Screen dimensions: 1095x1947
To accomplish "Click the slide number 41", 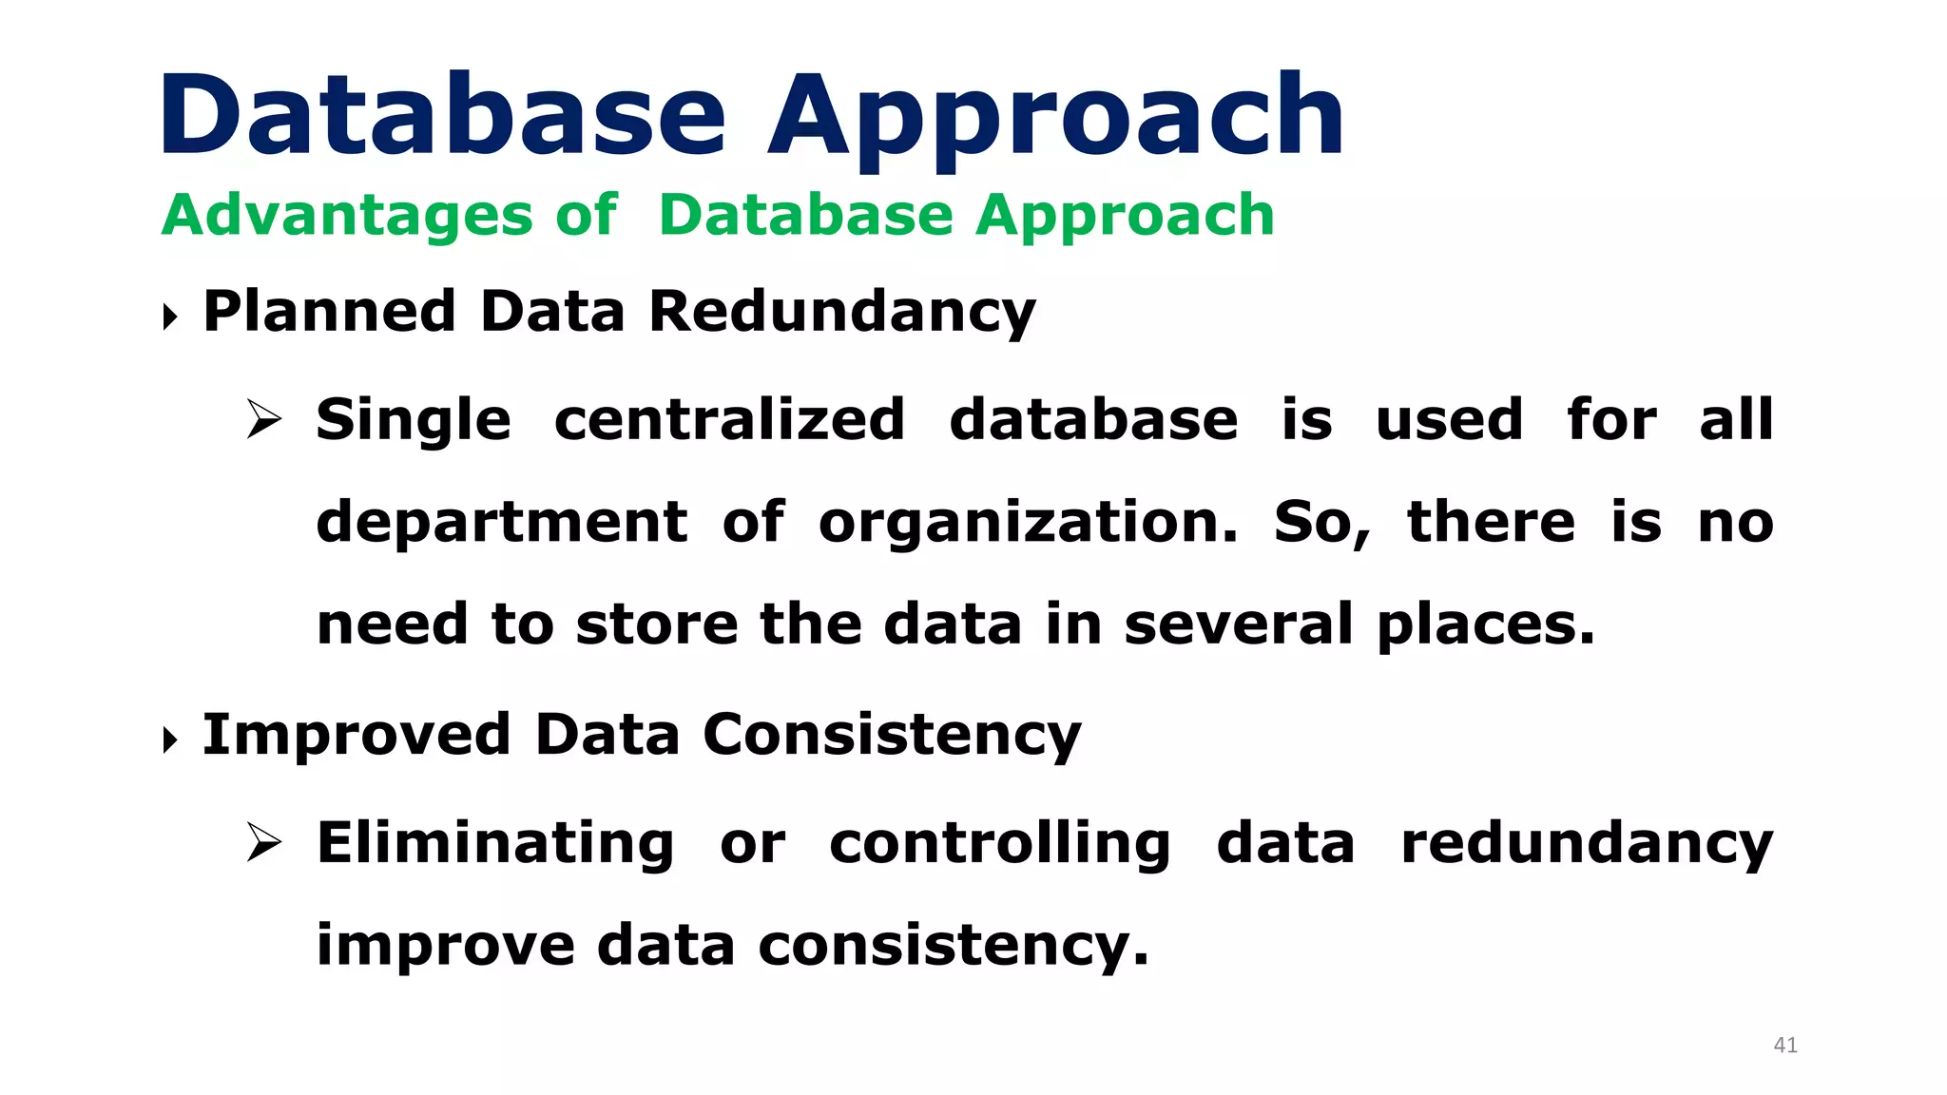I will coord(1784,1045).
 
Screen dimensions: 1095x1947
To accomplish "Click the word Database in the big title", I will coord(442,116).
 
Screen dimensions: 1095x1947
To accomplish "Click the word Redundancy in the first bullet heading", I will coord(841,313).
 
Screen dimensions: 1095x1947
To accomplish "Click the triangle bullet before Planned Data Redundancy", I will coord(170,317).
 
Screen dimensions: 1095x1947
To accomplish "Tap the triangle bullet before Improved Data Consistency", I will coord(170,740).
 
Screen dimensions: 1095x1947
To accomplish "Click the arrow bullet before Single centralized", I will coord(263,419).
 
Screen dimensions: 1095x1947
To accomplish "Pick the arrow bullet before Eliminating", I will coord(263,842).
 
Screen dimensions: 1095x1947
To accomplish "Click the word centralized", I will coord(728,419).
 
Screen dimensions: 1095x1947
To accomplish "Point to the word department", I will coord(501,524).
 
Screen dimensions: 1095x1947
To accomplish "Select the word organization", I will coord(1028,524).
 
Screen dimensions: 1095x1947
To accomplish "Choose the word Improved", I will coord(357,736).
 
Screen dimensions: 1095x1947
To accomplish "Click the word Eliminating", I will coord(494,843).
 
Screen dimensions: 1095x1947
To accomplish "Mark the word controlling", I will coord(999,843).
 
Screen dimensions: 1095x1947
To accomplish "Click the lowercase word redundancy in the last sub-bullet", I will coord(1587,843).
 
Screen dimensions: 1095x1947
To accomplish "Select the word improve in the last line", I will coord(445,947).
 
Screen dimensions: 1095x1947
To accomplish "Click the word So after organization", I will coord(1320,524).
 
